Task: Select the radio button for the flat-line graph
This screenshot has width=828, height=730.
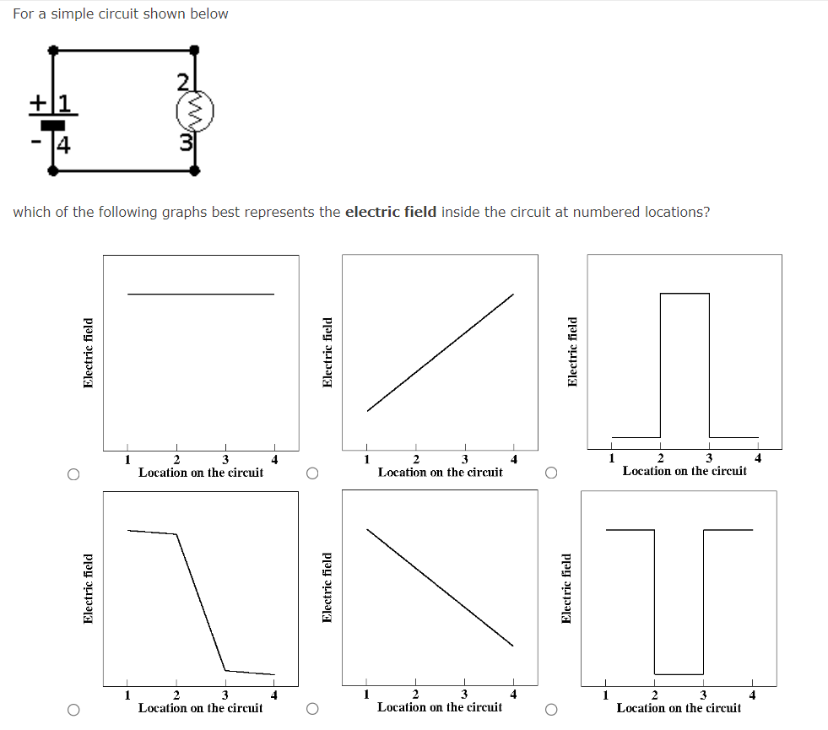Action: [74, 475]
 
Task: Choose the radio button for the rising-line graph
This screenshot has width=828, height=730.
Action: [312, 475]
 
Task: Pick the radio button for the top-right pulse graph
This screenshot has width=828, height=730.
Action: [552, 475]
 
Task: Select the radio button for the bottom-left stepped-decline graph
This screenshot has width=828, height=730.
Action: [74, 711]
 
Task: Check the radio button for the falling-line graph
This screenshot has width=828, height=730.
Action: [312, 711]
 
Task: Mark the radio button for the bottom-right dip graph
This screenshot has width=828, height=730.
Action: [552, 711]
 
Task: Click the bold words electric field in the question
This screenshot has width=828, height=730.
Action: [391, 212]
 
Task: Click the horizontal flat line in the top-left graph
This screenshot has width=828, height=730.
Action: [201, 294]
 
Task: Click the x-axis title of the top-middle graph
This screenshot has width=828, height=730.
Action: [440, 473]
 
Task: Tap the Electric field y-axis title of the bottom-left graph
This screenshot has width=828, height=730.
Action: [89, 588]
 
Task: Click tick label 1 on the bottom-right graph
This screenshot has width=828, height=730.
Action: [605, 695]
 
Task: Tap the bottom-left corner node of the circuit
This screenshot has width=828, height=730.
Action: [54, 170]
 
